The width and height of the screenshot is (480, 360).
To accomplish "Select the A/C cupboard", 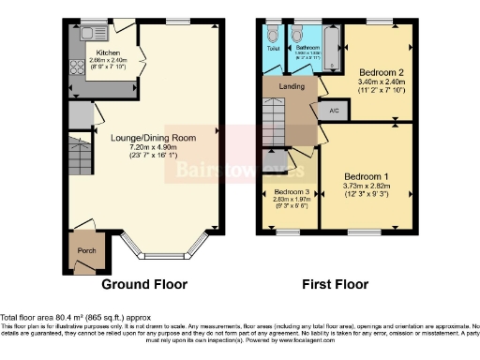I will (333, 110).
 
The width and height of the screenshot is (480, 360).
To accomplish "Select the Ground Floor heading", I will (143, 284).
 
